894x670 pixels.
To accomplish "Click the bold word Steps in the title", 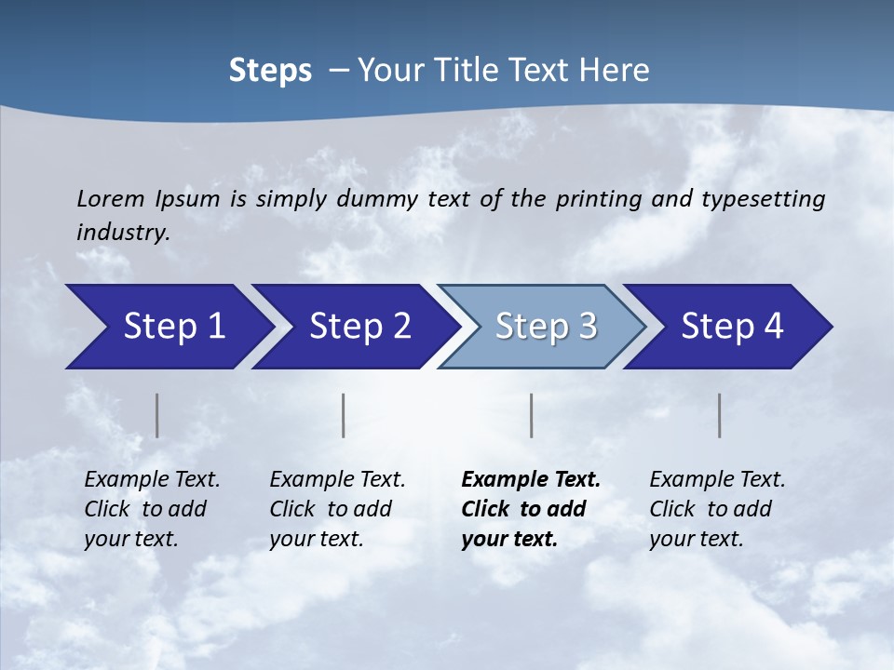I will [270, 71].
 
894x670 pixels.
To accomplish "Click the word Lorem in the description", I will [111, 198].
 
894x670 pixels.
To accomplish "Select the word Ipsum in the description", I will [189, 199].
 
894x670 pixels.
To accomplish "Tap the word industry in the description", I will [123, 232].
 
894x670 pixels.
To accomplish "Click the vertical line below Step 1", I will [156, 415].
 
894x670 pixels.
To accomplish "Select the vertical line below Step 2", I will [344, 415].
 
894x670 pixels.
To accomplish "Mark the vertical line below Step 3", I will [531, 415].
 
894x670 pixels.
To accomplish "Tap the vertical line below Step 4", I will [719, 415].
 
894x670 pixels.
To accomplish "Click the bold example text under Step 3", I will [531, 509].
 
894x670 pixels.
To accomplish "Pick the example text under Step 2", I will [338, 509].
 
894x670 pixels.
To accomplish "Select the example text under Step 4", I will [718, 509].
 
